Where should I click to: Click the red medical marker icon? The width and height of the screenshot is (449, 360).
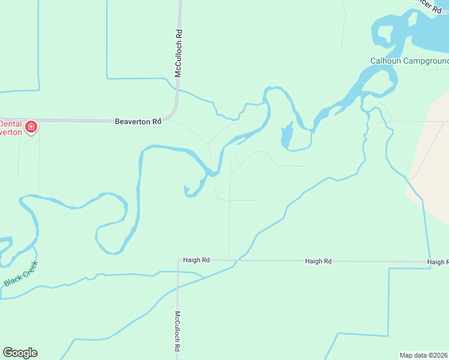(31, 127)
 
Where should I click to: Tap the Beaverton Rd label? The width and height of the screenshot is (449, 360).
(138, 121)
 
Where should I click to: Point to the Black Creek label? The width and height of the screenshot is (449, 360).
(21, 273)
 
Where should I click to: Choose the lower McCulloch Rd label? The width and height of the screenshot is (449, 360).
(178, 331)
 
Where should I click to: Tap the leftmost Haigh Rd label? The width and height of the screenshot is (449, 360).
(197, 260)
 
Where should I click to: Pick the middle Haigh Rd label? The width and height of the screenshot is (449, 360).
(318, 261)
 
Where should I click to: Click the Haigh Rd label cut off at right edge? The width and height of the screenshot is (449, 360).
(438, 262)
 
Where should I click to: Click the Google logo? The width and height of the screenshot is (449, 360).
(20, 353)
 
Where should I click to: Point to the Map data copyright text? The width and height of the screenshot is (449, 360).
(424, 355)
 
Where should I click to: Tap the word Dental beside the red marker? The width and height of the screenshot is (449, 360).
(10, 124)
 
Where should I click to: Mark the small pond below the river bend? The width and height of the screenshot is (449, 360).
(286, 136)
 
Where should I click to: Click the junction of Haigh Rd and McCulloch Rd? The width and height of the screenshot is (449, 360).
(178, 261)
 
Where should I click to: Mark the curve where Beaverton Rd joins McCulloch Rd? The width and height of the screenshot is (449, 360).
(175, 113)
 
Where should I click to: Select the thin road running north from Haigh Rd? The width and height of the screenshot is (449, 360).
(229, 228)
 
